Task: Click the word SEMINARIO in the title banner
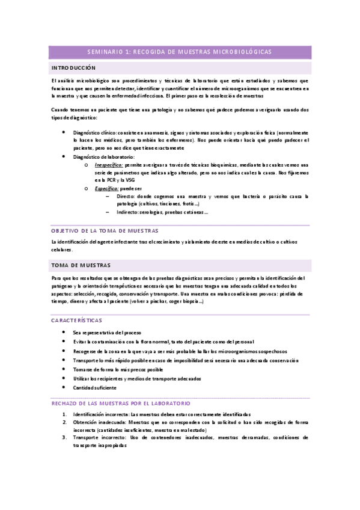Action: [x=105, y=52]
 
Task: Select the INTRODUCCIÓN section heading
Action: [x=73, y=68]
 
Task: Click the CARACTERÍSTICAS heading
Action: [x=77, y=321]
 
